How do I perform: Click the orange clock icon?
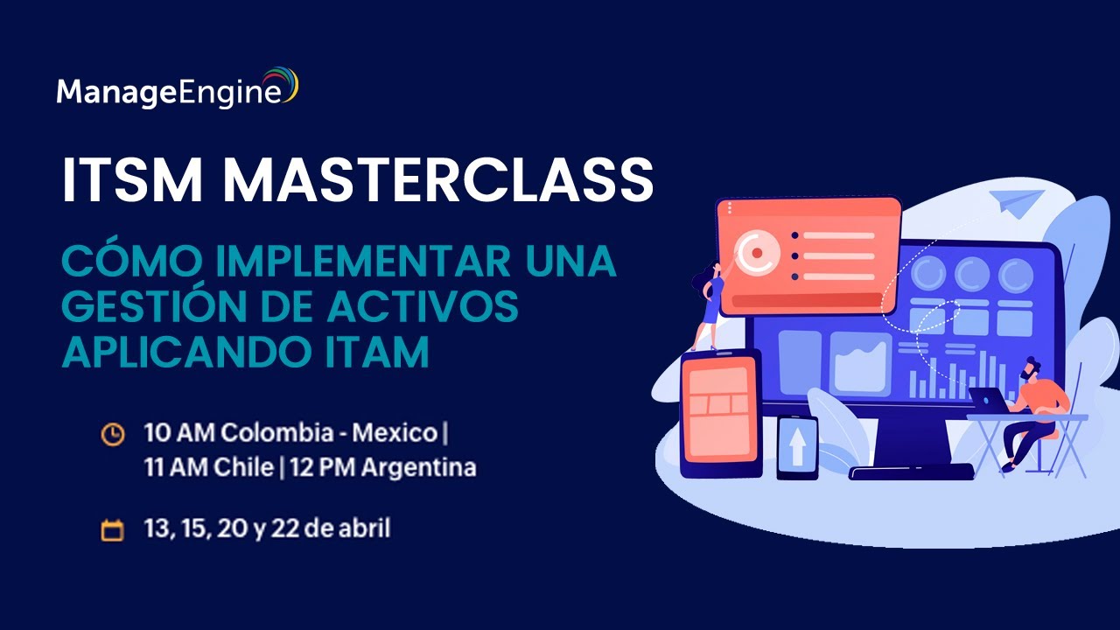(x=113, y=433)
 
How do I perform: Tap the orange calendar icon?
(x=113, y=529)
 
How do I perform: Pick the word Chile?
(x=240, y=467)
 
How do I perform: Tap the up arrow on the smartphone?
(x=797, y=448)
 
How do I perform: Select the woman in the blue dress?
(x=708, y=302)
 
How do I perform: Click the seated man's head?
(x=1033, y=367)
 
